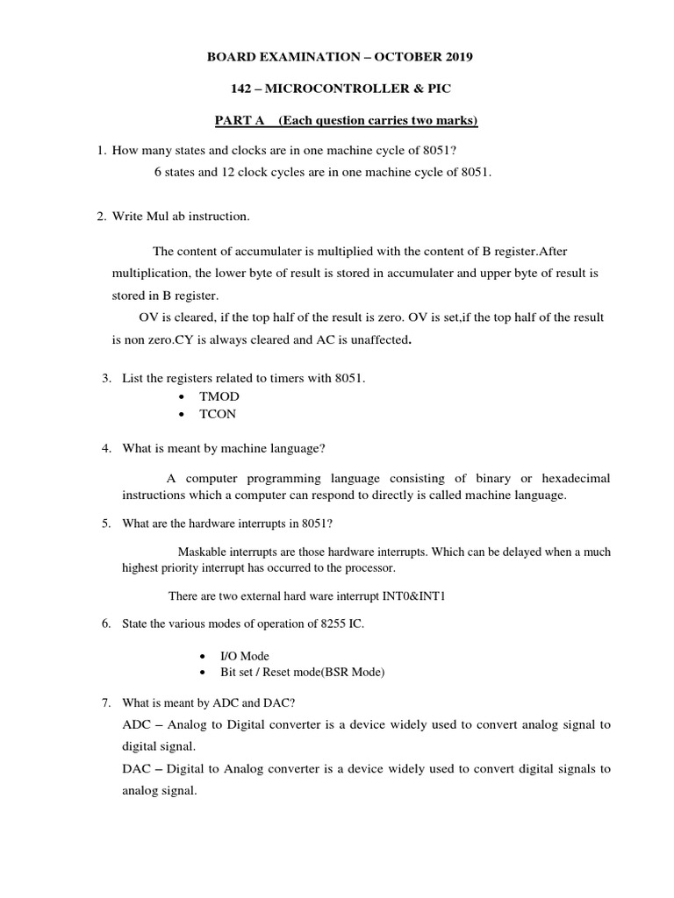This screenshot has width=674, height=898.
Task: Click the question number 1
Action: point(101,151)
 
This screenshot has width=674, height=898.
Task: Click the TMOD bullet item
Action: point(219,396)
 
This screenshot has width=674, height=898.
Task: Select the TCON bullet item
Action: point(219,414)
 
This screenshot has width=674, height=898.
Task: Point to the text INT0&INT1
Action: point(418,595)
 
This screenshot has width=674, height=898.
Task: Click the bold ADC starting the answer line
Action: point(137,724)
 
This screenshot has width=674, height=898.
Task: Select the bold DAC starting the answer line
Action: point(137,768)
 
